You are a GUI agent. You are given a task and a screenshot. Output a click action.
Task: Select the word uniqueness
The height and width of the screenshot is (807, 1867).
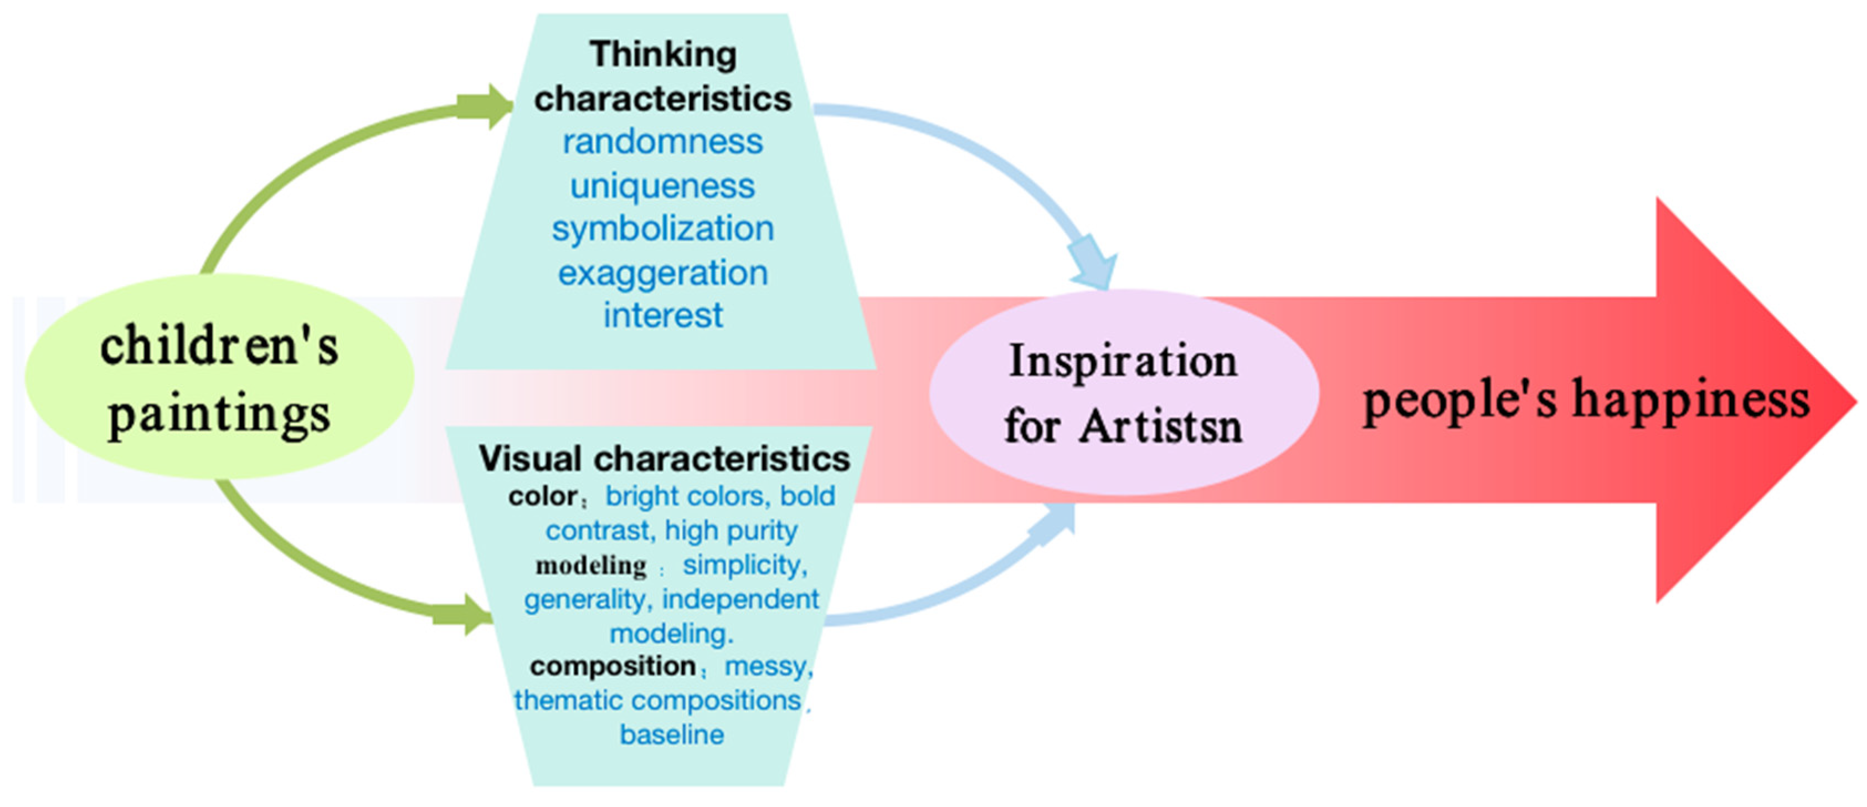click(x=662, y=186)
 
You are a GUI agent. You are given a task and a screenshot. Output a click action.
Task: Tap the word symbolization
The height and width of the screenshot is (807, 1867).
click(x=662, y=229)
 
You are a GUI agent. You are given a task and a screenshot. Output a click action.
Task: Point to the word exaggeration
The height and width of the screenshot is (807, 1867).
click(x=662, y=274)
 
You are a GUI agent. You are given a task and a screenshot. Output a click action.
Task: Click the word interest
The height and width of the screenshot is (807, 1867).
click(x=662, y=315)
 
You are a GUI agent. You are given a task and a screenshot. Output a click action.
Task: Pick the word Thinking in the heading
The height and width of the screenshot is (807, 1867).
click(x=662, y=54)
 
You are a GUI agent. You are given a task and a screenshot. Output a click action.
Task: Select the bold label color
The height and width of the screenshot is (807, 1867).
click(x=542, y=497)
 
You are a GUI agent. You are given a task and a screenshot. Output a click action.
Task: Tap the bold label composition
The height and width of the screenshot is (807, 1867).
click(x=613, y=666)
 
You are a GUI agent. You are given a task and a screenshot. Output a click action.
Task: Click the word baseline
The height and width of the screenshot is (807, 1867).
click(x=671, y=734)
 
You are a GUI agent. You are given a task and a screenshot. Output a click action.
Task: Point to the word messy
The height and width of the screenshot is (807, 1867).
click(x=767, y=666)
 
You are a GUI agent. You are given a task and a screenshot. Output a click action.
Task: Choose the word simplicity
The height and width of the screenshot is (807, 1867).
click(x=744, y=565)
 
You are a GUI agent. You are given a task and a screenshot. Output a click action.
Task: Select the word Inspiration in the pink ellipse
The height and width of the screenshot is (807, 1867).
click(x=1123, y=361)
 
